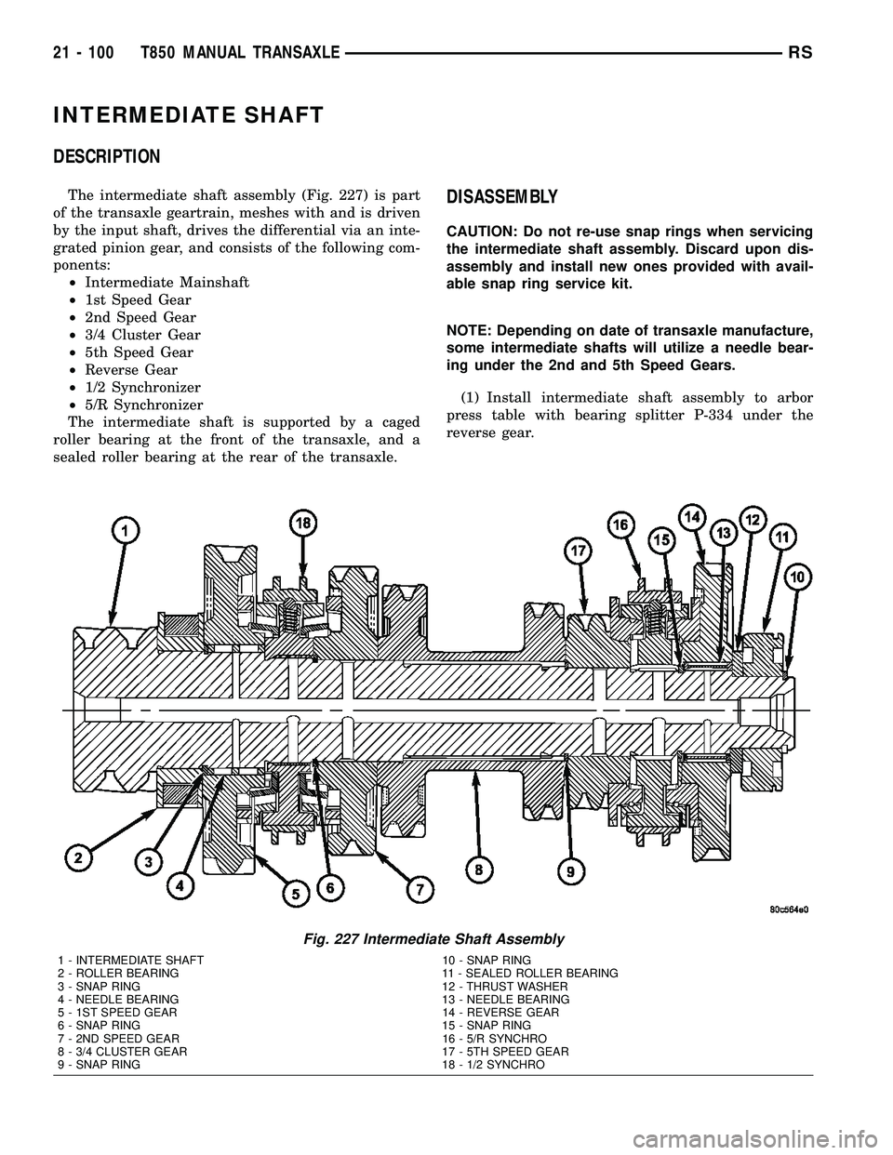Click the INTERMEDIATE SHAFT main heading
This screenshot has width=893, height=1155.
pyautogui.click(x=189, y=115)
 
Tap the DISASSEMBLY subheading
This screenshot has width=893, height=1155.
pyautogui.click(x=502, y=197)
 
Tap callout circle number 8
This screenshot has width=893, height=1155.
pyautogui.click(x=479, y=870)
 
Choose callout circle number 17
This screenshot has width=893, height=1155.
pyautogui.click(x=580, y=551)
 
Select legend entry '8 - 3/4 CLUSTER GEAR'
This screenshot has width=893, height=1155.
pyautogui.click(x=122, y=1051)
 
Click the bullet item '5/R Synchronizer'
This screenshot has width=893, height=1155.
pyautogui.click(x=142, y=405)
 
